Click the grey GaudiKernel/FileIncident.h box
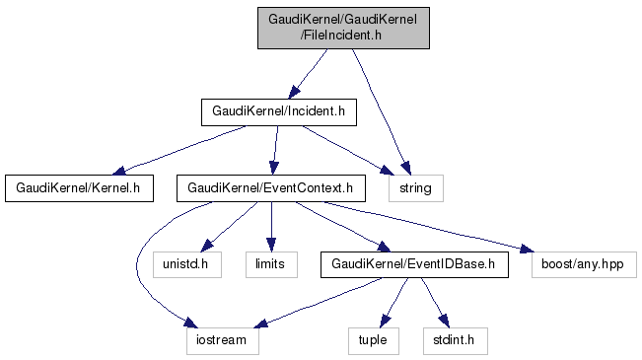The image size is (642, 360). [x=343, y=28]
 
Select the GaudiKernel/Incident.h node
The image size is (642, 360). [x=279, y=112]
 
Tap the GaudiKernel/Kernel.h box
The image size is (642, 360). [x=80, y=188]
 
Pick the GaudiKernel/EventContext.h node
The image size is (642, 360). [x=271, y=188]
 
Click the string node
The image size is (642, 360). [x=416, y=188]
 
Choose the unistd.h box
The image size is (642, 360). [x=187, y=264]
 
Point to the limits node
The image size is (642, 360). [x=271, y=264]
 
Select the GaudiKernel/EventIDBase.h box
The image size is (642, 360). [x=414, y=264]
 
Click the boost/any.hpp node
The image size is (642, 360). [x=584, y=264]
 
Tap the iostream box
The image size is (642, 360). [x=223, y=340]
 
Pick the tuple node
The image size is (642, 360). [x=374, y=340]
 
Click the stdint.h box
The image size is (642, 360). [x=456, y=340]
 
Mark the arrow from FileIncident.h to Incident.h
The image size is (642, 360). [x=308, y=74]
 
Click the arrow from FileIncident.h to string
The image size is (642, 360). [x=381, y=111]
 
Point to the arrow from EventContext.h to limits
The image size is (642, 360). [x=271, y=227]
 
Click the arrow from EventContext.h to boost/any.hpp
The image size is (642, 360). [x=429, y=226]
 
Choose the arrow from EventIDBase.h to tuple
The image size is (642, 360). [x=393, y=303]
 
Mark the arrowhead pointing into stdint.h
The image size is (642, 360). [x=444, y=321]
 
